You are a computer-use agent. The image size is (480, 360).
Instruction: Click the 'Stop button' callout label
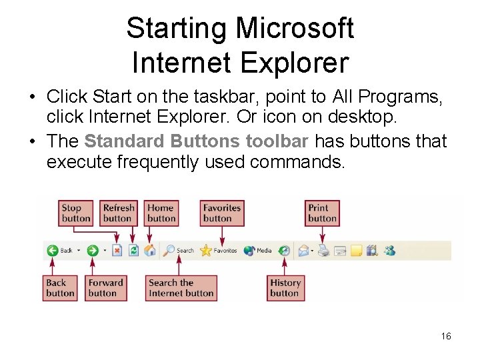tap(76, 213)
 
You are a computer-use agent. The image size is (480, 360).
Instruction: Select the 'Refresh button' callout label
tap(119, 213)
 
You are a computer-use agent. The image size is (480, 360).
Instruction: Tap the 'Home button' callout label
tap(161, 213)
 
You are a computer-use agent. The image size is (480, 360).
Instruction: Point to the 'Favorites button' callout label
tap(222, 213)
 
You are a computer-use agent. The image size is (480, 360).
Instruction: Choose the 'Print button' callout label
tap(322, 213)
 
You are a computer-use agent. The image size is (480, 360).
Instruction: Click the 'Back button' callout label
tap(61, 288)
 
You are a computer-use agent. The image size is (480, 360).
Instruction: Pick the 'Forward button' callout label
tap(106, 288)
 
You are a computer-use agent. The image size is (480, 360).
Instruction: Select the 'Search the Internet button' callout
tap(181, 288)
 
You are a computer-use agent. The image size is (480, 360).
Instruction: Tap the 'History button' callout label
tap(285, 288)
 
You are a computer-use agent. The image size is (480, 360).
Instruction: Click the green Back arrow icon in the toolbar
tap(52, 251)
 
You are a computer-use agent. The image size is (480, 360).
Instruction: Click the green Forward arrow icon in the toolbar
tap(93, 251)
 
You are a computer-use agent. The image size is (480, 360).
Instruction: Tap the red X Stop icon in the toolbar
tap(117, 251)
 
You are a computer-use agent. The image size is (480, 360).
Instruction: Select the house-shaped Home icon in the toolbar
tap(150, 251)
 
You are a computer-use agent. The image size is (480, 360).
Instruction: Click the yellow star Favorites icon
tap(206, 251)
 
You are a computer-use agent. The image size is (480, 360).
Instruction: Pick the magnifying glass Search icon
tap(169, 251)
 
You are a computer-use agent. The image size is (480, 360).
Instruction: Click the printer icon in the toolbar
tap(323, 251)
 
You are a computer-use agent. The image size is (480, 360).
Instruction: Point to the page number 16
tap(446, 337)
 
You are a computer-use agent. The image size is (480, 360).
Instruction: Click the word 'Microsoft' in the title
tap(295, 29)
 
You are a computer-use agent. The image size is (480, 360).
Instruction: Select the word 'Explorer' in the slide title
tap(294, 63)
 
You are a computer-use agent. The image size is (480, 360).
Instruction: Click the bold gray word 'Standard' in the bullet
tap(125, 142)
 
